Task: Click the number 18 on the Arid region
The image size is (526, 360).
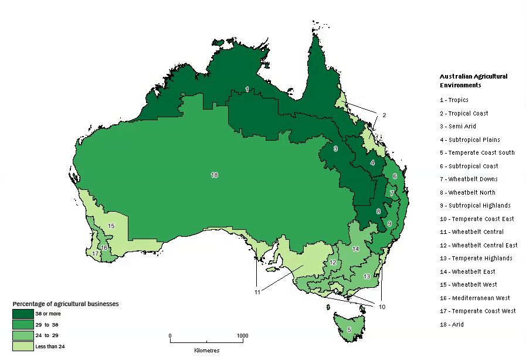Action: [214, 175]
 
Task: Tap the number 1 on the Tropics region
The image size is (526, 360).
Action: [247, 89]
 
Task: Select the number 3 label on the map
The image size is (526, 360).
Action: [335, 149]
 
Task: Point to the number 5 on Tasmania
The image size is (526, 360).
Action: [349, 330]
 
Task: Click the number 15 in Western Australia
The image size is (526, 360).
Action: [111, 226]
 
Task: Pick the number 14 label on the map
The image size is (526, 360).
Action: [355, 249]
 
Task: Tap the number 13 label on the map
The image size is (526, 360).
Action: [366, 276]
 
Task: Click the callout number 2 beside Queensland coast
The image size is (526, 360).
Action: [384, 115]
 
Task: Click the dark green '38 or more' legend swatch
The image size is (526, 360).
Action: [23, 314]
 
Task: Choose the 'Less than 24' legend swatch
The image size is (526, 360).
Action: [23, 345]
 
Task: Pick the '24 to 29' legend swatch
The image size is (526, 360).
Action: [23, 335]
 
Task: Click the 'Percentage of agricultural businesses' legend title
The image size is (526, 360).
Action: [66, 304]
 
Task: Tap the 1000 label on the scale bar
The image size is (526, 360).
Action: [242, 336]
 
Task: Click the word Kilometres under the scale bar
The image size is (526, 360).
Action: [206, 350]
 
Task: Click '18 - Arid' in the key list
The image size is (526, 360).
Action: [452, 324]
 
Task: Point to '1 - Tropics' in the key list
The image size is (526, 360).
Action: [454, 100]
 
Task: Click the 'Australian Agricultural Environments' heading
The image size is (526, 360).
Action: [473, 80]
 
